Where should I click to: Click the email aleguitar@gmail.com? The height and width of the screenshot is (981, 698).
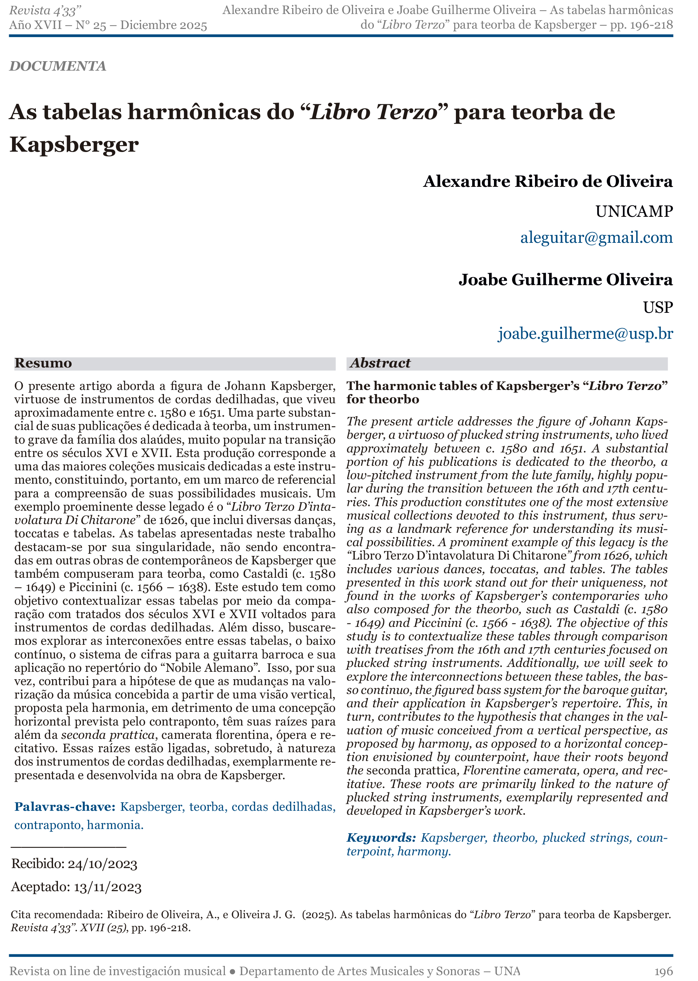point(596,238)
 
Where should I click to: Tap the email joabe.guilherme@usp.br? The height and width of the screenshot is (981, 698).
point(585,334)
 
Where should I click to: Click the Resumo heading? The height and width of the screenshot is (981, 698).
point(43,363)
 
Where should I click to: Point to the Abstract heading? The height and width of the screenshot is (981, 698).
point(380,363)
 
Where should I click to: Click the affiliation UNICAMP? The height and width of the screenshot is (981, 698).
point(634,212)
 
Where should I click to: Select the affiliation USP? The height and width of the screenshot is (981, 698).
point(658,307)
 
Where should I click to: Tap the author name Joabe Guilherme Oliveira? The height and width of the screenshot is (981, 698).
point(565,280)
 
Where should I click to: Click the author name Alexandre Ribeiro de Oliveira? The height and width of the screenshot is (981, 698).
point(548,181)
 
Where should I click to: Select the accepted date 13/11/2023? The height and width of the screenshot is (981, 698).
point(107,887)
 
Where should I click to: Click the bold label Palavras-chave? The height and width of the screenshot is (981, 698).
point(64,807)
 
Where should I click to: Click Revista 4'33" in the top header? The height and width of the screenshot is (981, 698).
point(46,10)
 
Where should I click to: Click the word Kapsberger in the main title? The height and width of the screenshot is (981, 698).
point(74,145)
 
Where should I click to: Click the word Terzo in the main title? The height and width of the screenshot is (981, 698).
point(406,112)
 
